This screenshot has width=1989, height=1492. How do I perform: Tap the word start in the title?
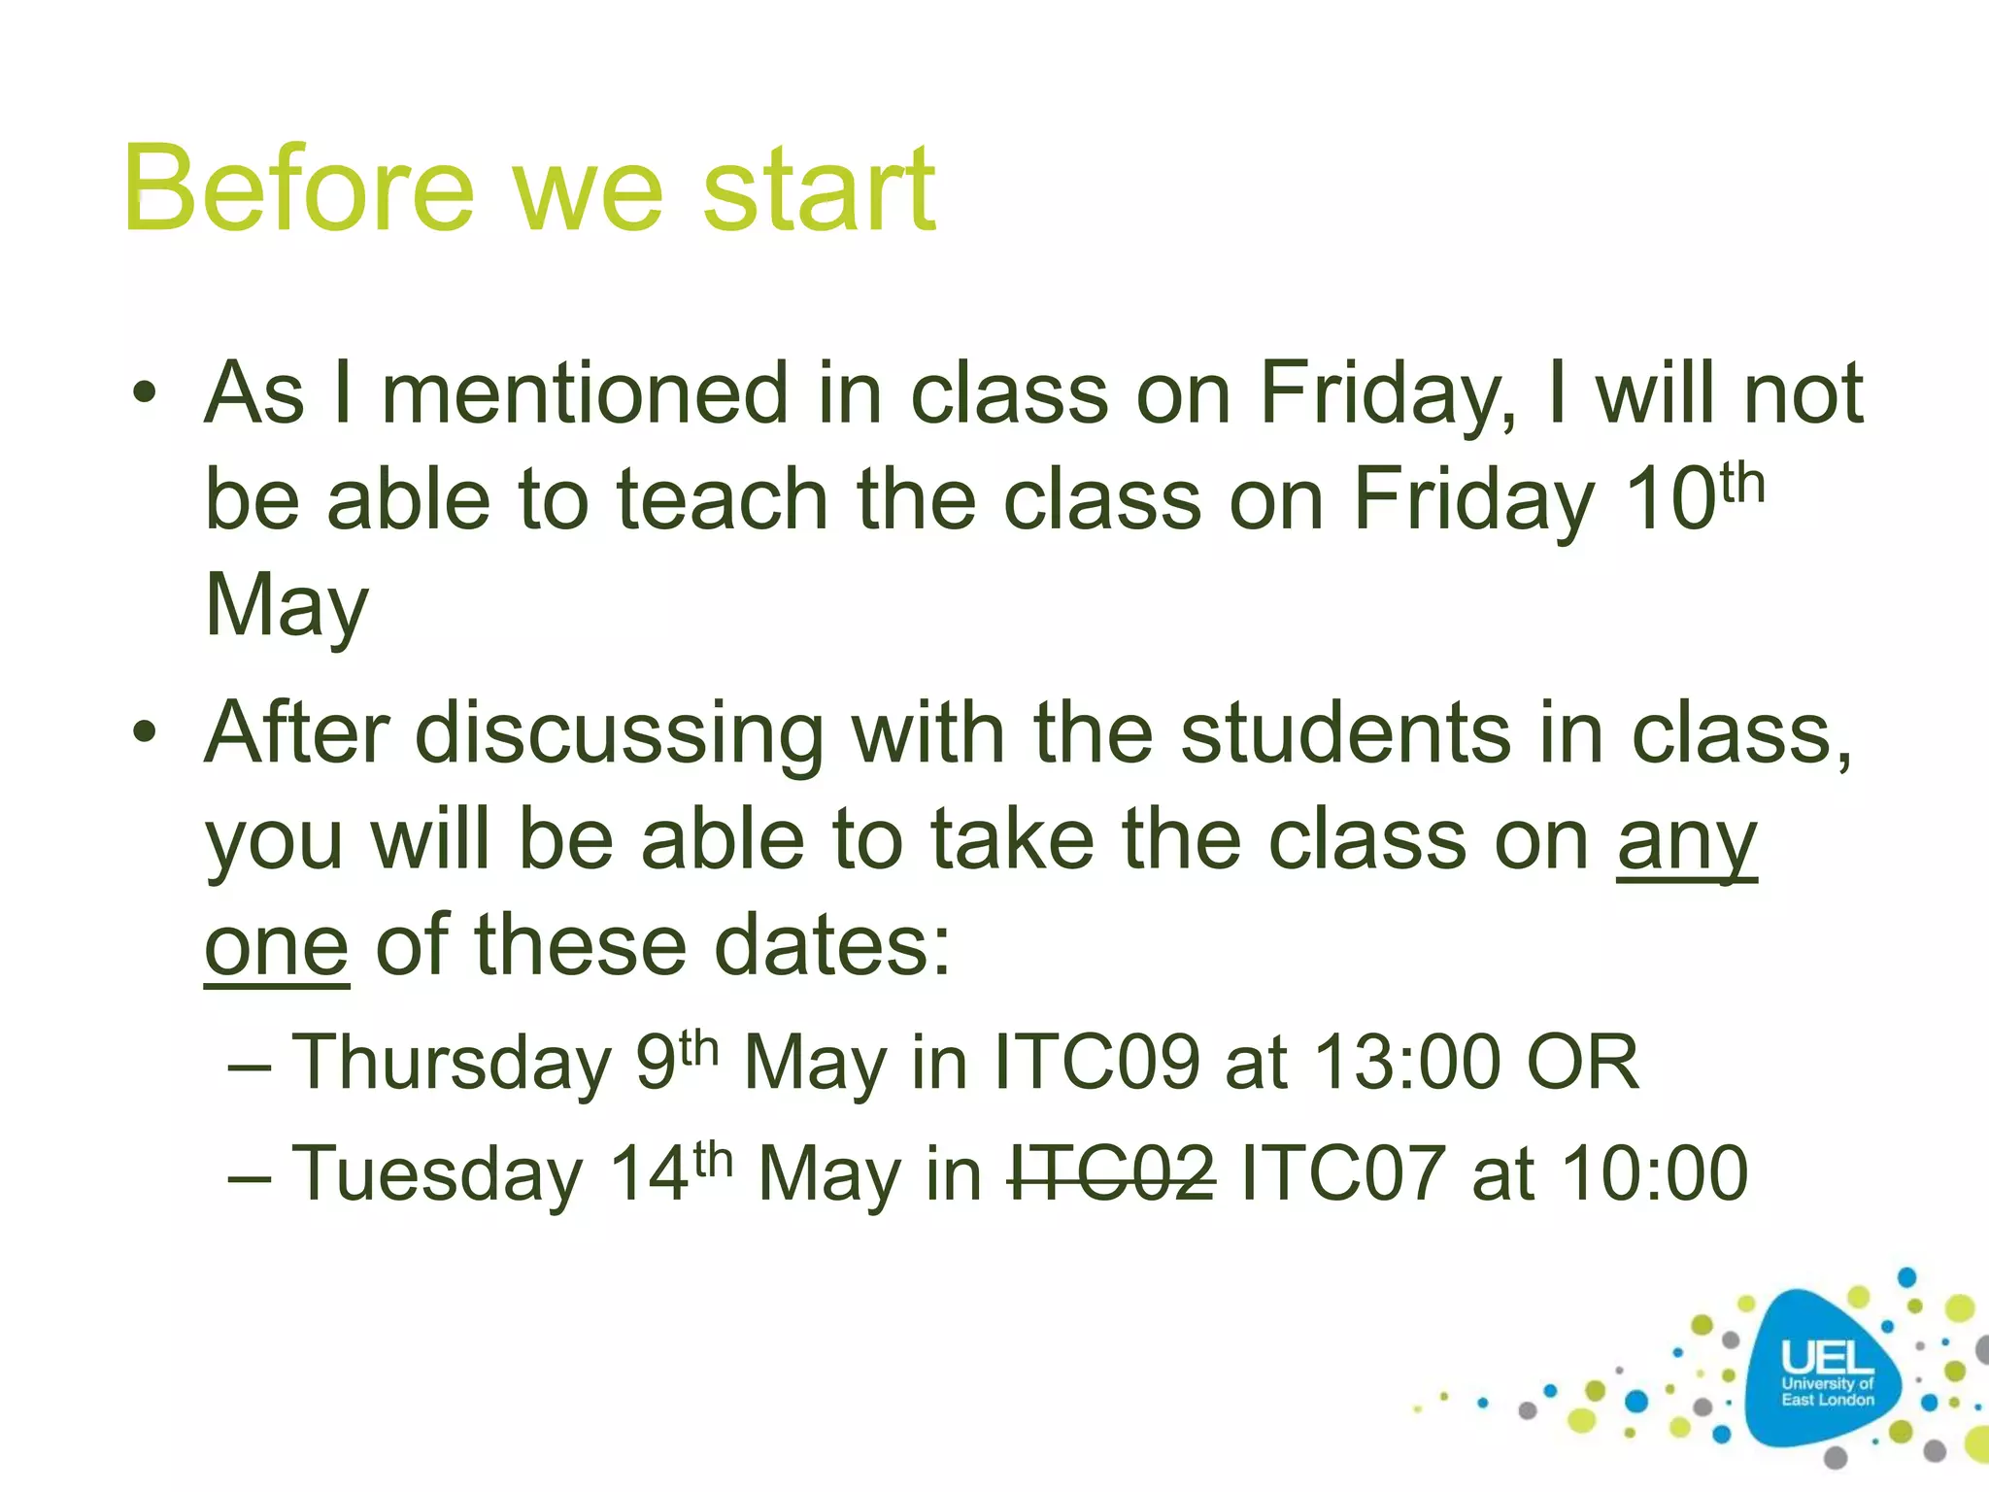(x=818, y=189)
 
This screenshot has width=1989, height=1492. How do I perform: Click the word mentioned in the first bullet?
(x=585, y=393)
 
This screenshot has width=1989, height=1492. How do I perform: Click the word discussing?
(x=620, y=734)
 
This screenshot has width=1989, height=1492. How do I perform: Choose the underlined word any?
(x=1687, y=841)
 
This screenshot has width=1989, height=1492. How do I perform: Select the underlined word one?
(x=277, y=947)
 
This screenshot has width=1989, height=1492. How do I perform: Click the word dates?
(x=833, y=947)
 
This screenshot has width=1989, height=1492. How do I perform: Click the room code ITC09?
(x=1097, y=1063)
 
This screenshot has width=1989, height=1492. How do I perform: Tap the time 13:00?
(x=1408, y=1063)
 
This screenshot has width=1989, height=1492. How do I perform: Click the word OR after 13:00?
(x=1583, y=1063)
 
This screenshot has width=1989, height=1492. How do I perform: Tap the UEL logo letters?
(x=1827, y=1358)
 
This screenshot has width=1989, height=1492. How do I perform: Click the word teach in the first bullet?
(x=723, y=499)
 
